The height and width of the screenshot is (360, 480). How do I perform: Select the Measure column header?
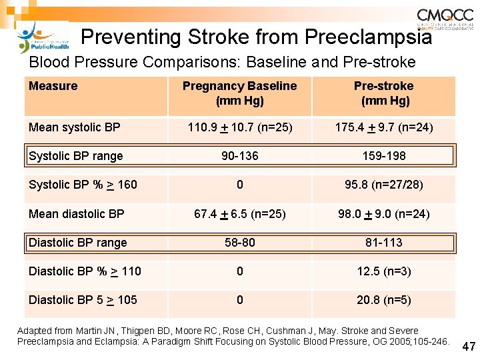[53, 86]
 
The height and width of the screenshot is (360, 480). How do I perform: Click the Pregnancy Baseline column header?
[239, 93]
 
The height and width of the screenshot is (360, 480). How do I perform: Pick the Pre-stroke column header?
[383, 93]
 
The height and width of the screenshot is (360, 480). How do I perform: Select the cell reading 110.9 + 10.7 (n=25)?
[239, 127]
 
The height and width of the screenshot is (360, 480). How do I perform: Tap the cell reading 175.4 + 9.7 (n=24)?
[383, 127]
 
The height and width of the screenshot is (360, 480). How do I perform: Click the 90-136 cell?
[239, 156]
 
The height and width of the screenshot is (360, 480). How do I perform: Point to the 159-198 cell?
[383, 156]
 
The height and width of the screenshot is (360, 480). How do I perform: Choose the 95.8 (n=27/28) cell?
[383, 185]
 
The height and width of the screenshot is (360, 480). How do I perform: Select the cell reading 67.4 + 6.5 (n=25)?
[239, 214]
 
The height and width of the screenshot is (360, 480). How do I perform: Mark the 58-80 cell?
[239, 243]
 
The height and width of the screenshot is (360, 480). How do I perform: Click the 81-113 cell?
[383, 243]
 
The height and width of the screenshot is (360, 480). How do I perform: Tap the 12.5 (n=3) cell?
[383, 271]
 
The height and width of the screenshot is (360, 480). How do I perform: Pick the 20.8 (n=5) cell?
[383, 300]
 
